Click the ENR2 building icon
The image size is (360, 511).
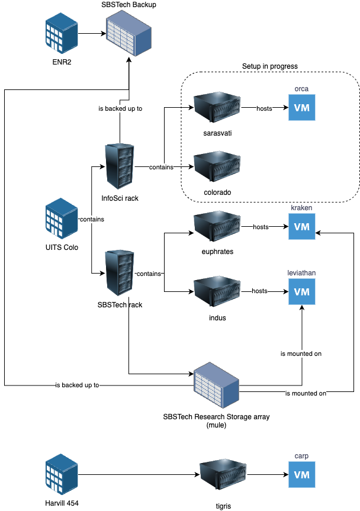(x=62, y=34)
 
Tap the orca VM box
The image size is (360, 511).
(x=302, y=108)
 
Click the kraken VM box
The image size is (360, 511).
(x=302, y=227)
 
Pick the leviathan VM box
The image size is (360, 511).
(x=302, y=291)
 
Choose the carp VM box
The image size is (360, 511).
(x=302, y=474)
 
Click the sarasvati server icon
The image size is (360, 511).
(x=217, y=108)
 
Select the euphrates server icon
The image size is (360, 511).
(x=217, y=227)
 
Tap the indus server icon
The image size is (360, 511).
(x=217, y=291)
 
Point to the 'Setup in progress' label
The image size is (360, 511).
(x=269, y=66)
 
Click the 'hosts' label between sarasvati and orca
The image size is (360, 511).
(x=264, y=109)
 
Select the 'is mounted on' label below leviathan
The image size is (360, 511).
(x=301, y=353)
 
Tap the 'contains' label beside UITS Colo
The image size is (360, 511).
(x=92, y=220)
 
